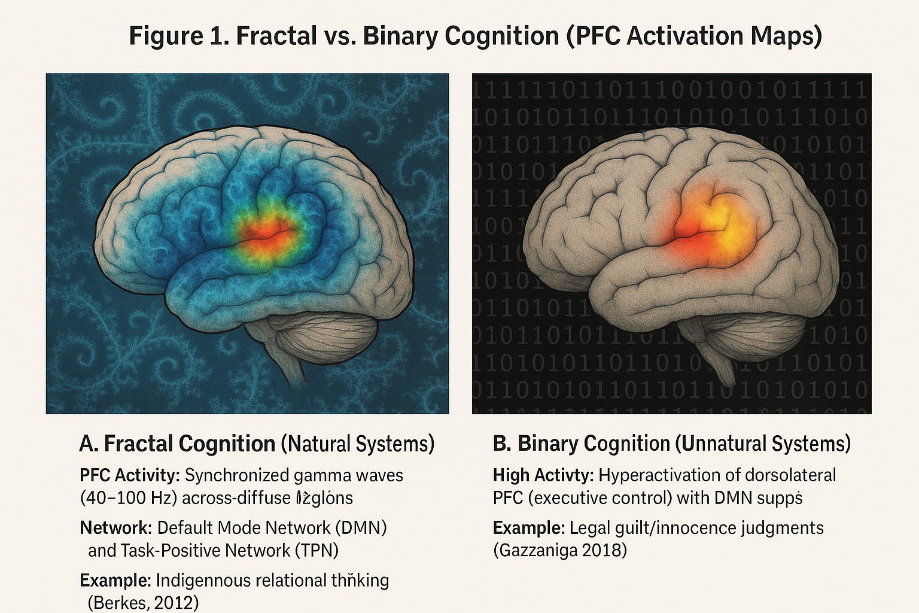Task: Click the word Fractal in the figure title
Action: tap(276, 36)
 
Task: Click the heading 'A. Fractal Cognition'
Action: tap(177, 444)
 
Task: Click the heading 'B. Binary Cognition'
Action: tap(581, 444)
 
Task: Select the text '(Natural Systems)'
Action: tap(357, 444)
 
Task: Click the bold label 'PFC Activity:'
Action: tap(130, 475)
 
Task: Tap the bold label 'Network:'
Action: tap(115, 528)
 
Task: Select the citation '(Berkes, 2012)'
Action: tap(143, 602)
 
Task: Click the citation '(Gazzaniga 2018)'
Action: tap(559, 550)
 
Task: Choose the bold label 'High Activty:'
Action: tap(543, 475)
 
